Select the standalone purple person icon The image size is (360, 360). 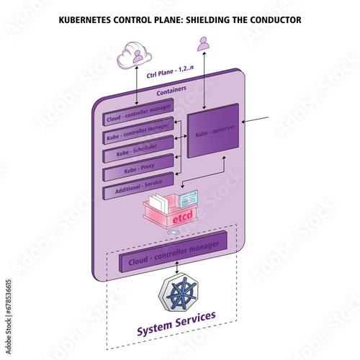click(x=204, y=44)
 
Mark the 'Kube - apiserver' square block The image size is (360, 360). click(x=212, y=132)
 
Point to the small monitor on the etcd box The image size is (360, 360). click(x=189, y=198)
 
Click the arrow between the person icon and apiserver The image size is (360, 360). click(x=204, y=78)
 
